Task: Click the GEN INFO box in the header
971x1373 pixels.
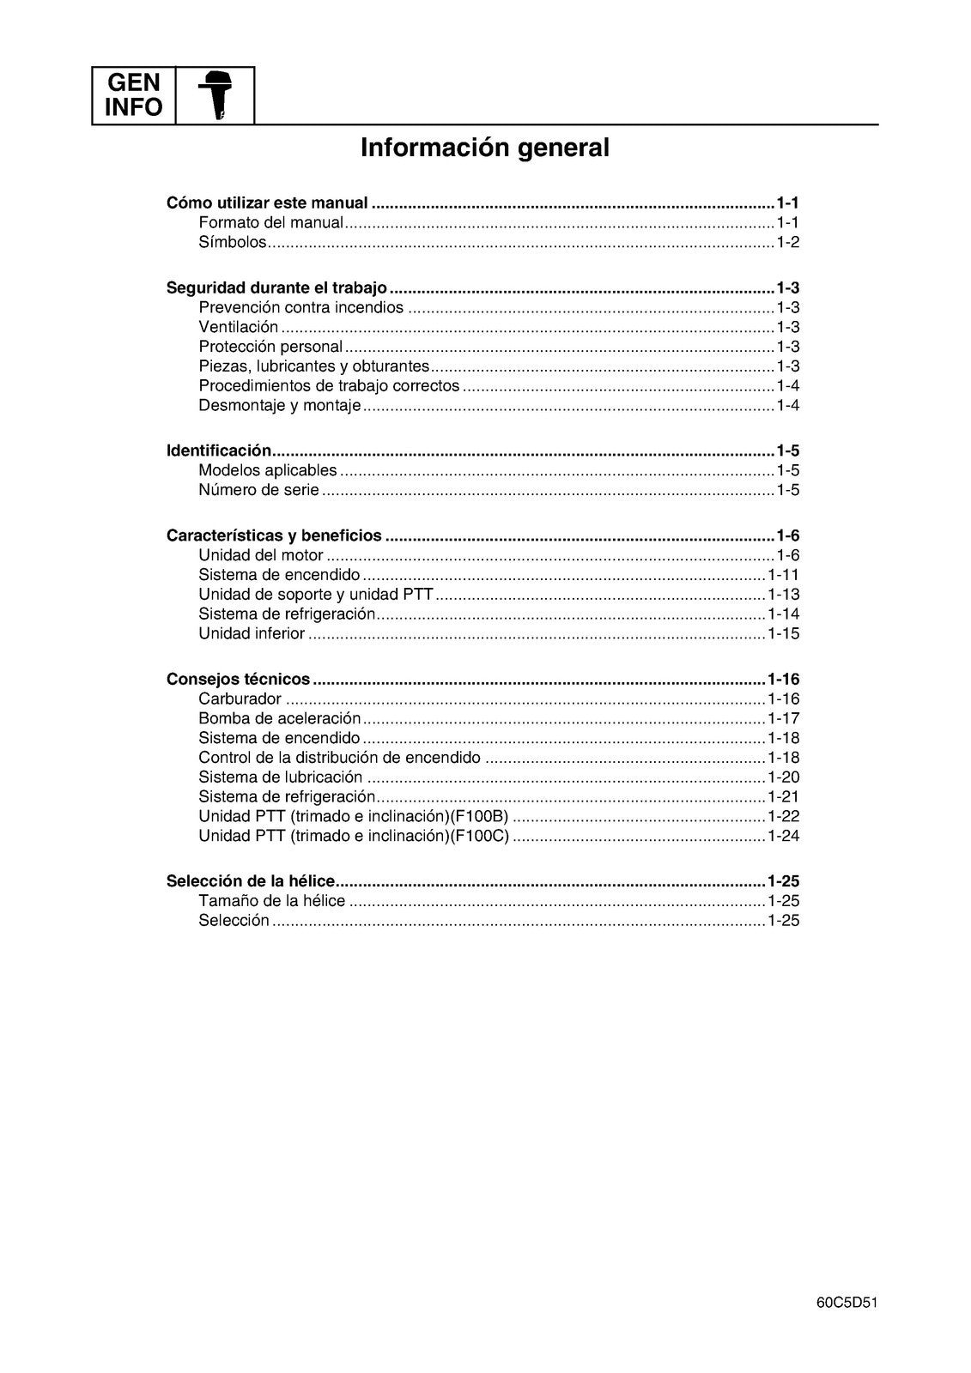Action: pyautogui.click(x=133, y=95)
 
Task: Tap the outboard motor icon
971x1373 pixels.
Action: pyautogui.click(x=215, y=95)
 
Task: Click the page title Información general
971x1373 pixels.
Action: pyautogui.click(x=485, y=148)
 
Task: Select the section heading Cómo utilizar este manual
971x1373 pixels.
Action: pyautogui.click(x=267, y=203)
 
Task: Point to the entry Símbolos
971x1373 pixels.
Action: pyautogui.click(x=233, y=243)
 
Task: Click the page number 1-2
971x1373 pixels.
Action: pyautogui.click(x=787, y=243)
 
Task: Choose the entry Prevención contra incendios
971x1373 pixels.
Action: pyautogui.click(x=300, y=308)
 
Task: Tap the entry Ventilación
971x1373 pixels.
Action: pyautogui.click(x=239, y=327)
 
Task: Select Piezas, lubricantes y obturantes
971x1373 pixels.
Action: pyautogui.click(x=313, y=366)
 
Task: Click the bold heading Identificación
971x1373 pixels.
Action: pyautogui.click(x=219, y=451)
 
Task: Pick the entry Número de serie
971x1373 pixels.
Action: pyautogui.click(x=258, y=491)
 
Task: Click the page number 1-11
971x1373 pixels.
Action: pyautogui.click(x=783, y=575)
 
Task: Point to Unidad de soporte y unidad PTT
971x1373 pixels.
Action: pyautogui.click(x=316, y=595)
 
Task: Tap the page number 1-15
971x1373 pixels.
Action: pyautogui.click(x=783, y=634)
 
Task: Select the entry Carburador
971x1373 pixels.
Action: pyautogui.click(x=240, y=699)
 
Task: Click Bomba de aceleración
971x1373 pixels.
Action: pyautogui.click(x=280, y=719)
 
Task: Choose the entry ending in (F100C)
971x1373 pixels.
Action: pyautogui.click(x=354, y=837)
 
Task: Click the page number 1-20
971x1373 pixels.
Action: pyautogui.click(x=783, y=777)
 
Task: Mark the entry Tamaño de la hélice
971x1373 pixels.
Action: pyautogui.click(x=271, y=901)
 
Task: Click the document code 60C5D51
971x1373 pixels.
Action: pyautogui.click(x=847, y=1302)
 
